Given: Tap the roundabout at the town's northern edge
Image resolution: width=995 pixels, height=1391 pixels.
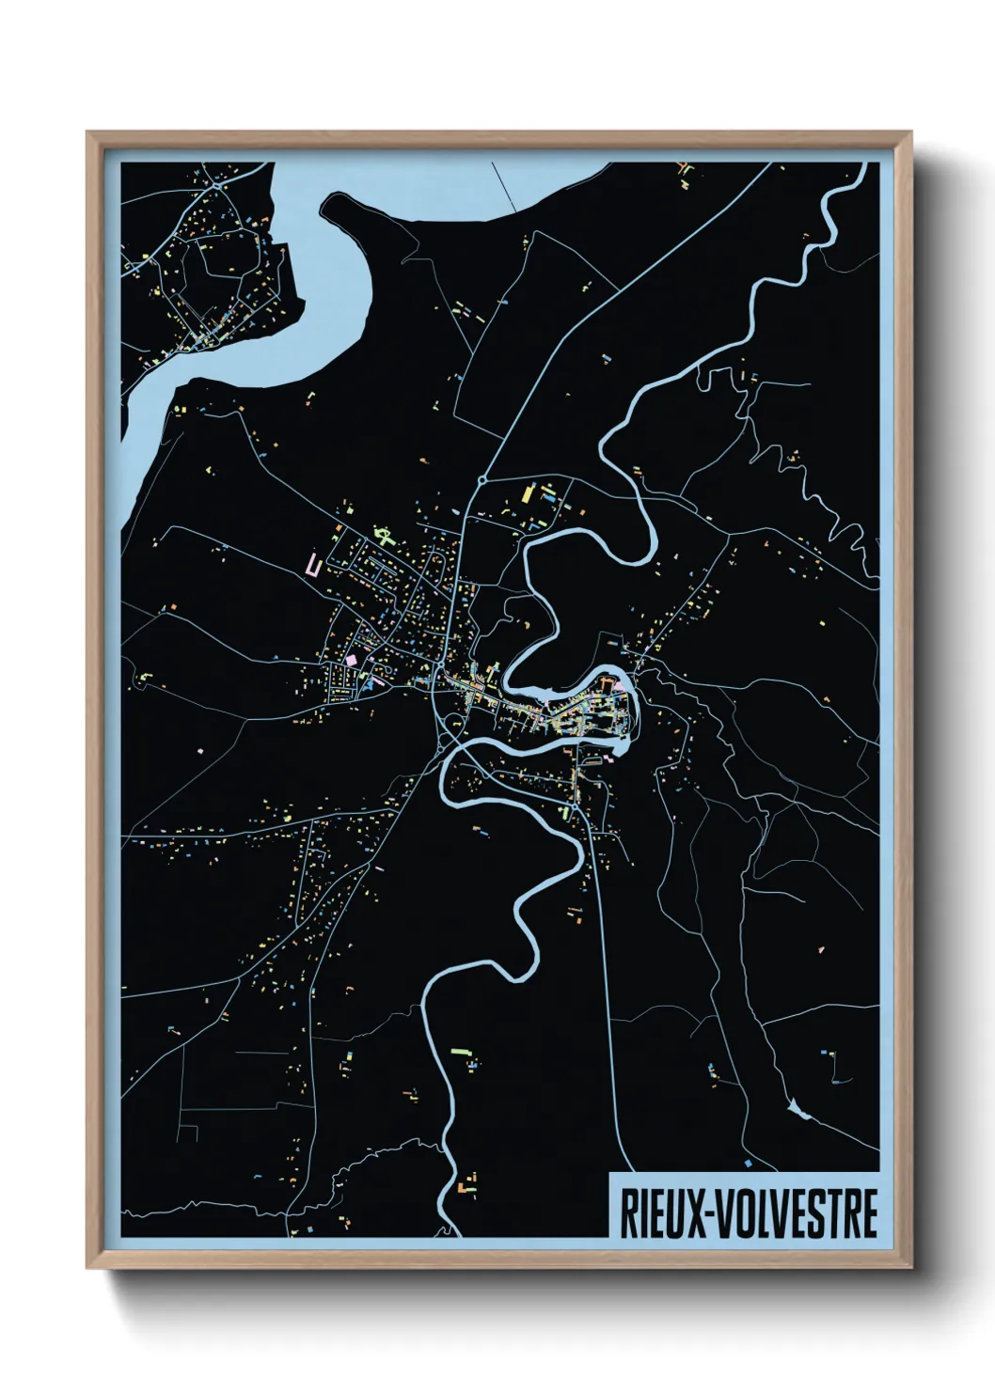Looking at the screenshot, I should (482, 479).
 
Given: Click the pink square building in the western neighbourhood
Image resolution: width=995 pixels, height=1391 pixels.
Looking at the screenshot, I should (352, 661).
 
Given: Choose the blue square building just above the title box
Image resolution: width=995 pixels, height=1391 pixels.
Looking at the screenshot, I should (748, 1163).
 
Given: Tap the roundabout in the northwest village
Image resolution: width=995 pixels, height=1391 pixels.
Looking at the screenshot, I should (218, 186).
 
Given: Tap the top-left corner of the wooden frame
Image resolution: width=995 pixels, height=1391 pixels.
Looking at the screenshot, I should (88, 133).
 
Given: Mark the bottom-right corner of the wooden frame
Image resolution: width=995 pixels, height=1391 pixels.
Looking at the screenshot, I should (909, 1267).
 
